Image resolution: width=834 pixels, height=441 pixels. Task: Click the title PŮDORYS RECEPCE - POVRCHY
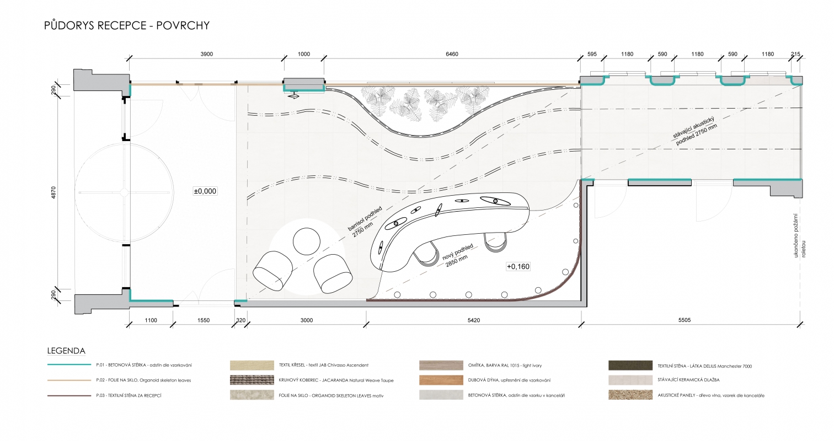(127, 25)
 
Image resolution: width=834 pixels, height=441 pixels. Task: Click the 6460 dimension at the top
(452, 54)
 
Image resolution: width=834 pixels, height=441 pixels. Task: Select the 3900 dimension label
(207, 54)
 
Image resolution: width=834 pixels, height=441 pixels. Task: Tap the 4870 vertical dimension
(54, 192)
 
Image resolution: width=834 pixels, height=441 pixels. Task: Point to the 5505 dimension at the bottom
(685, 320)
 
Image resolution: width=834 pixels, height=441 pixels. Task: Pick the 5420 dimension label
(474, 320)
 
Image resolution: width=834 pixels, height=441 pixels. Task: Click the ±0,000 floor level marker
(205, 191)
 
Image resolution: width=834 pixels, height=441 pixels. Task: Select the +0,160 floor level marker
(518, 266)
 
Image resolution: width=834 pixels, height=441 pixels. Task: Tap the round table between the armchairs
(307, 241)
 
